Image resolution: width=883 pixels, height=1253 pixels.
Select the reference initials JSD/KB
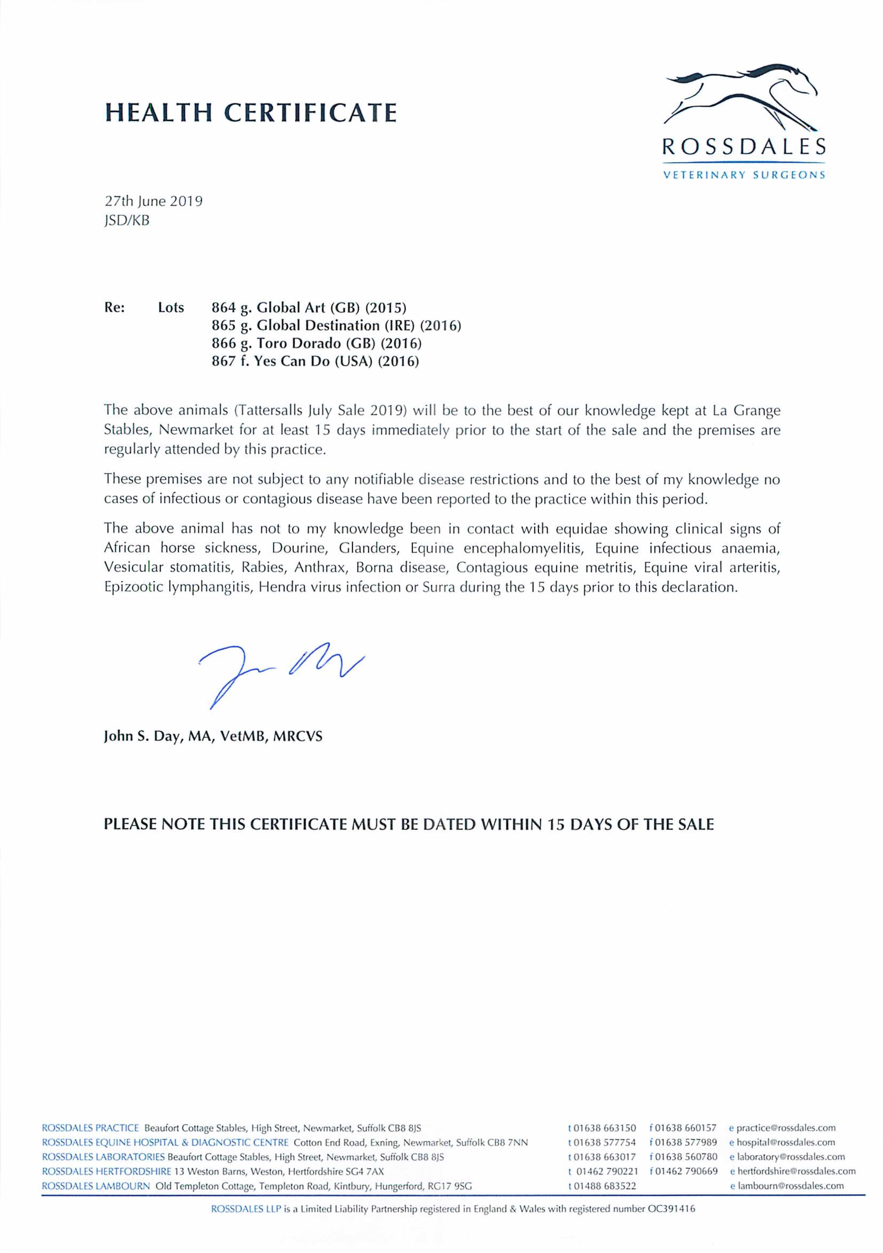pos(127,221)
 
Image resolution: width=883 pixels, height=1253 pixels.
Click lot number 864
pos(223,307)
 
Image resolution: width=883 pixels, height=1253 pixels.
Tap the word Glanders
pos(371,548)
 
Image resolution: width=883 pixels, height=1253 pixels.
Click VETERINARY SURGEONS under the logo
pos(743,176)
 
